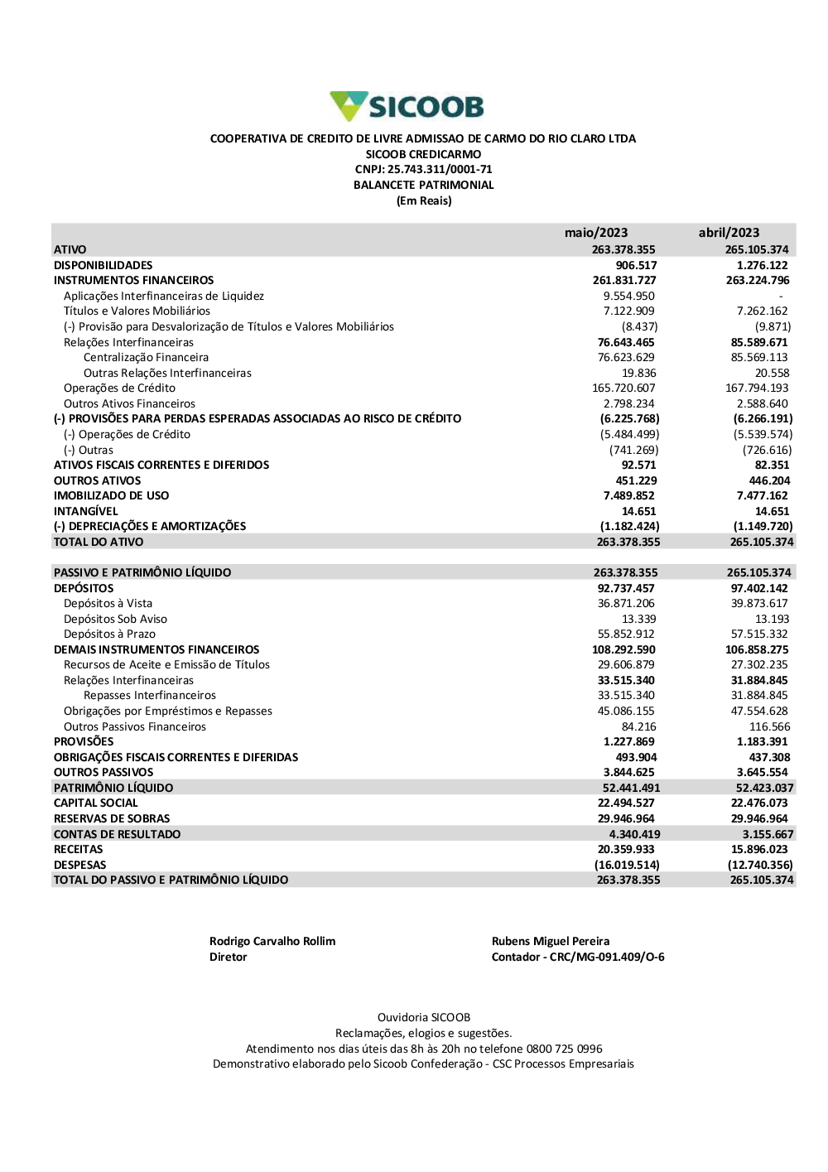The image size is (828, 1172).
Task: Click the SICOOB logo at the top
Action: [x=407, y=107]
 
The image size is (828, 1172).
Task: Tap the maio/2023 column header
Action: [x=596, y=233]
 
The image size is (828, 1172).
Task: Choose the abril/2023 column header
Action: [x=729, y=233]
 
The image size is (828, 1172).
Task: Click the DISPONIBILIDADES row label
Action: [x=103, y=265]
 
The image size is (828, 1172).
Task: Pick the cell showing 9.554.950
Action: [x=628, y=296]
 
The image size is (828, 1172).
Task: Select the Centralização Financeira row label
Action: [x=146, y=358]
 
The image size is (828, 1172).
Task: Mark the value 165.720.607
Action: [x=623, y=388]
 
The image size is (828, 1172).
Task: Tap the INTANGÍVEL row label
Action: [x=86, y=512]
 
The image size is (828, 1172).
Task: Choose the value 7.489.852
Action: [x=628, y=496]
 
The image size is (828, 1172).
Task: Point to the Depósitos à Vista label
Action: [x=108, y=604]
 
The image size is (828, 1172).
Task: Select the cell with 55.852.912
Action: [x=626, y=634]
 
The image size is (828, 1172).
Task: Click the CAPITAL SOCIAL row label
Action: [x=96, y=803]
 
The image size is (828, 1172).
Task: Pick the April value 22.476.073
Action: [x=759, y=803]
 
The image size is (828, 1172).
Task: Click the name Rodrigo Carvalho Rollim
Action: [x=272, y=942]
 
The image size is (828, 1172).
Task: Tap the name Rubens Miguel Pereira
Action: [x=551, y=942]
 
